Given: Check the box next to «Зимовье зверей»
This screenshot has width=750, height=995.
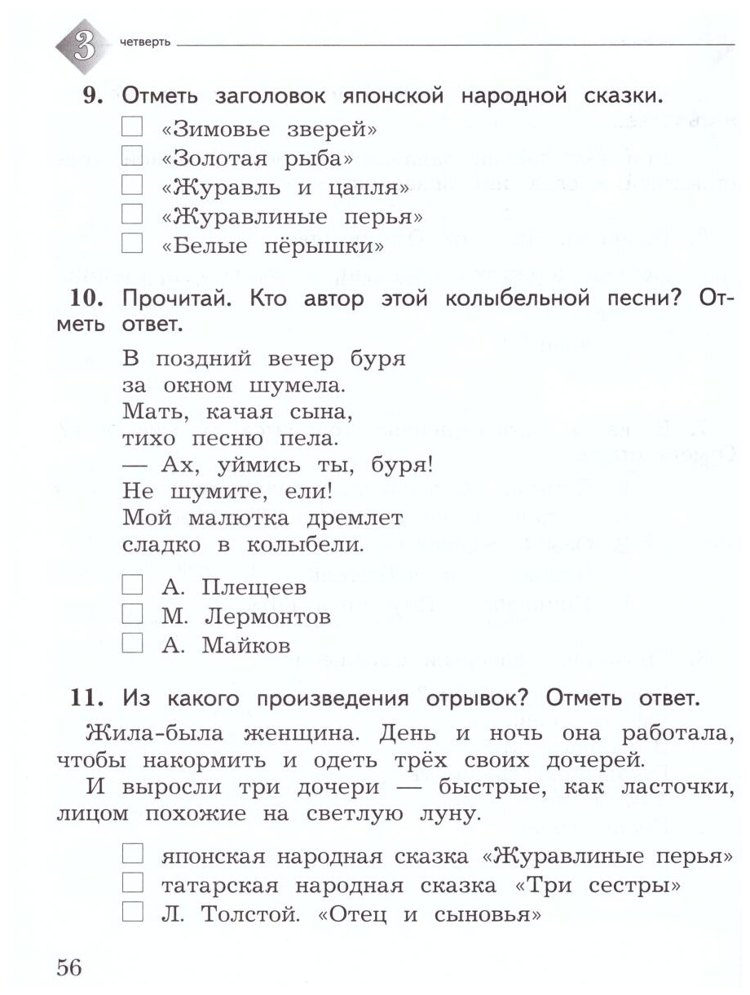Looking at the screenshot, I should pyautogui.click(x=131, y=126).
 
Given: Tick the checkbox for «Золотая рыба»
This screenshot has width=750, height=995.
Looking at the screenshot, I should pyautogui.click(x=131, y=156).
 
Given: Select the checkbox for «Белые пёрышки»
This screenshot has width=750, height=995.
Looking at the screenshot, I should pyautogui.click(x=131, y=243).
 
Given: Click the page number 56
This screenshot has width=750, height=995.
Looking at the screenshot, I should pyautogui.click(x=69, y=967).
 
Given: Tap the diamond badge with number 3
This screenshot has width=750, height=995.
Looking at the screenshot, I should pyautogui.click(x=82, y=45).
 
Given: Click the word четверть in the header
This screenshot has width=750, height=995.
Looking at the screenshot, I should pyautogui.click(x=144, y=43).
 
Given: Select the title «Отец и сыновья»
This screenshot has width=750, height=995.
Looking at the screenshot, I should pyautogui.click(x=431, y=914).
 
